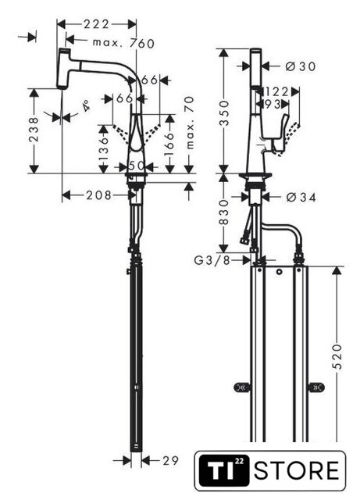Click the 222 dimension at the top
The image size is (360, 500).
[x=96, y=24]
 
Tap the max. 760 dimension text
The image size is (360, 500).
[x=123, y=43]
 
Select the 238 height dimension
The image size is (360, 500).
[x=34, y=130]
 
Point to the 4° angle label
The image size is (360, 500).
[x=85, y=105]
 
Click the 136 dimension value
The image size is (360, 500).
[x=104, y=149]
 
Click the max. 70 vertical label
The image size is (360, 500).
[x=190, y=123]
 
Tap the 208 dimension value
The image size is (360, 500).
[x=99, y=195]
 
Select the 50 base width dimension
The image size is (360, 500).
[x=136, y=166]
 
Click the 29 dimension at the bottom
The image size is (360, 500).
[x=170, y=460]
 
